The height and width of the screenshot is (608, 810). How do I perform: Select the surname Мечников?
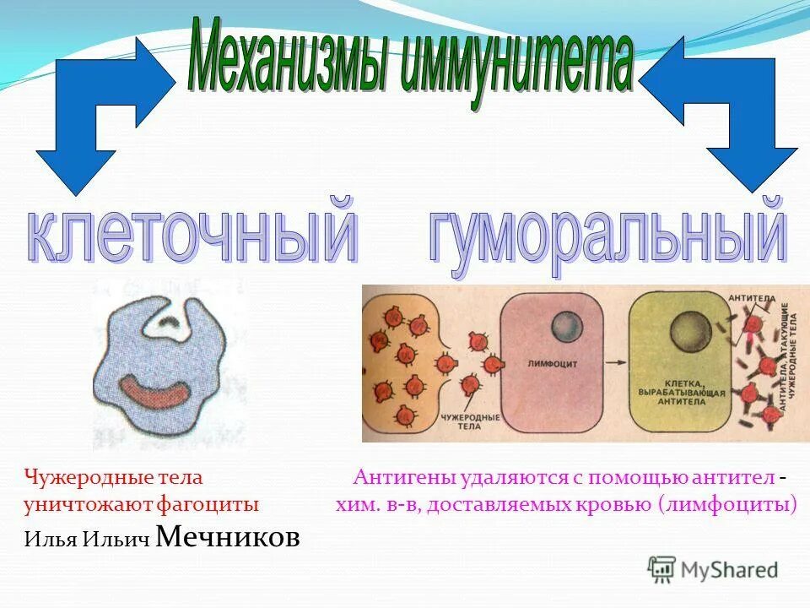(228, 536)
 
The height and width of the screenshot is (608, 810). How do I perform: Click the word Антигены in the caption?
(404, 478)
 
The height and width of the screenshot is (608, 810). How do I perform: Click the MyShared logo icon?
(662, 569)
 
